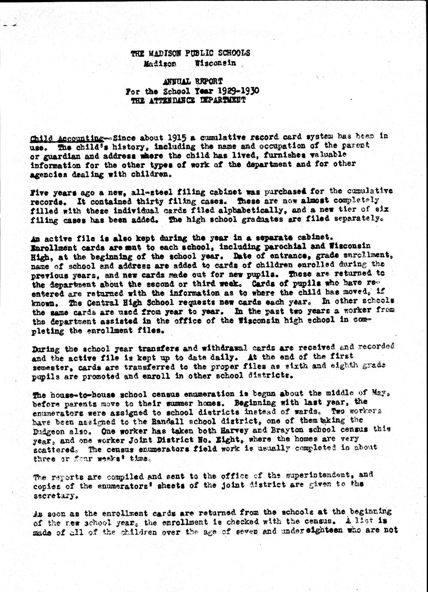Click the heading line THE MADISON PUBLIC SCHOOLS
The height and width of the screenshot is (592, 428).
point(190,54)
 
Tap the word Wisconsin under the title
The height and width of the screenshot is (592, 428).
point(216,63)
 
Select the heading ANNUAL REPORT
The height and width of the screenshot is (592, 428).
point(191,82)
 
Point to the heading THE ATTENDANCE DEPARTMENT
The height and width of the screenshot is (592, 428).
point(189,100)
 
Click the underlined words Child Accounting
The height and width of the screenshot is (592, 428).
point(67,138)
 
